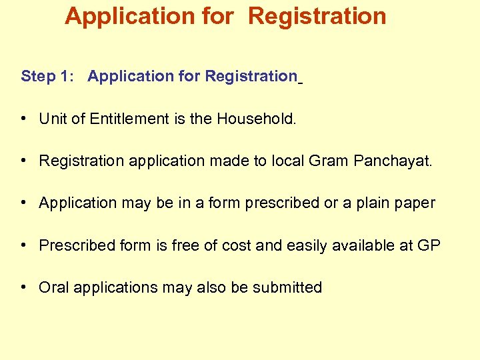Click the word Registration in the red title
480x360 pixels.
[317, 17]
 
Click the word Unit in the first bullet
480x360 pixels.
[51, 119]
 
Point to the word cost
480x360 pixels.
[236, 245]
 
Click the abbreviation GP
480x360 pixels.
[429, 245]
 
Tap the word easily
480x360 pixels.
[310, 246]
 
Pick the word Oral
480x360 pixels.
[54, 287]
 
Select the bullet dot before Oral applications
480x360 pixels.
[24, 287]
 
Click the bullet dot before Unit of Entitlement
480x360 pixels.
[24, 119]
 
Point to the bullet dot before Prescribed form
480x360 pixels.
[24, 245]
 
